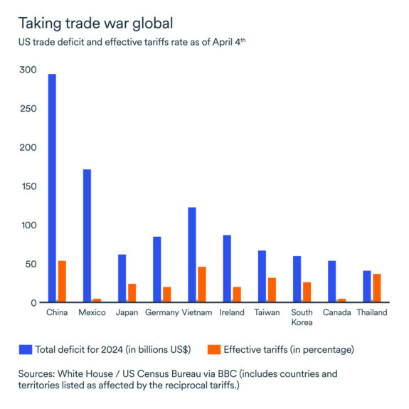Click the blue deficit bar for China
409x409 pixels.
[52, 188]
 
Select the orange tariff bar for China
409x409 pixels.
[62, 282]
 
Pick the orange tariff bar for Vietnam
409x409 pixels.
[202, 285]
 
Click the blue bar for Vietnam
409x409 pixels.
[192, 255]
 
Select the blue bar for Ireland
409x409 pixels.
[227, 269]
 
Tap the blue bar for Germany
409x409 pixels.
[157, 270]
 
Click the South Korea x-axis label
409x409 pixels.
[302, 317]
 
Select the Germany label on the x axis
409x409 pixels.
[161, 313]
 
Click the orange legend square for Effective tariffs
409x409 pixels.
[214, 349]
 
